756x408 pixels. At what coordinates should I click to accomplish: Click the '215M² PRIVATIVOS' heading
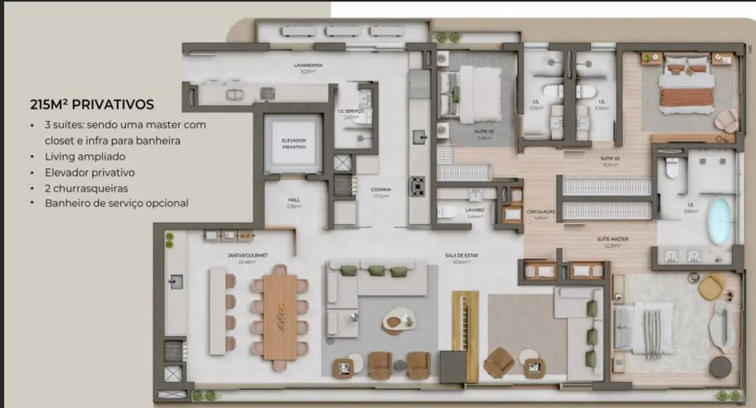pyautogui.click(x=92, y=105)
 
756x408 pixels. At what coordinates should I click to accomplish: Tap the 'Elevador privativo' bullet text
pyautogui.click(x=90, y=172)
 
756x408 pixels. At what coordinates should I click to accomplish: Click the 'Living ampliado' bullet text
pyautogui.click(x=85, y=156)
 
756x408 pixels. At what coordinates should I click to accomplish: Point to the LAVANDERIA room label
pyautogui.click(x=308, y=65)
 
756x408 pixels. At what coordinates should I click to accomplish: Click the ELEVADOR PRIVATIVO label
pyautogui.click(x=293, y=143)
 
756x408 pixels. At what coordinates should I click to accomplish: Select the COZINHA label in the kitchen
pyautogui.click(x=381, y=189)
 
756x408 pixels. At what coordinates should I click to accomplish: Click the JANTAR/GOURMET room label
pyautogui.click(x=248, y=255)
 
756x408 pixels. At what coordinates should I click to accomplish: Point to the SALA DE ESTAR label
pyautogui.click(x=457, y=255)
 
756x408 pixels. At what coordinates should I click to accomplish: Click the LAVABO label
pyautogui.click(x=475, y=210)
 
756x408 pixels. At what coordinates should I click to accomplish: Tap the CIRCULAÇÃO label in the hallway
pyautogui.click(x=541, y=212)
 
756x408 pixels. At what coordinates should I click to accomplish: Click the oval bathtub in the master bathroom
pyautogui.click(x=719, y=221)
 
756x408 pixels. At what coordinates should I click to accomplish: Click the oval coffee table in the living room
pyautogui.click(x=397, y=320)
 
